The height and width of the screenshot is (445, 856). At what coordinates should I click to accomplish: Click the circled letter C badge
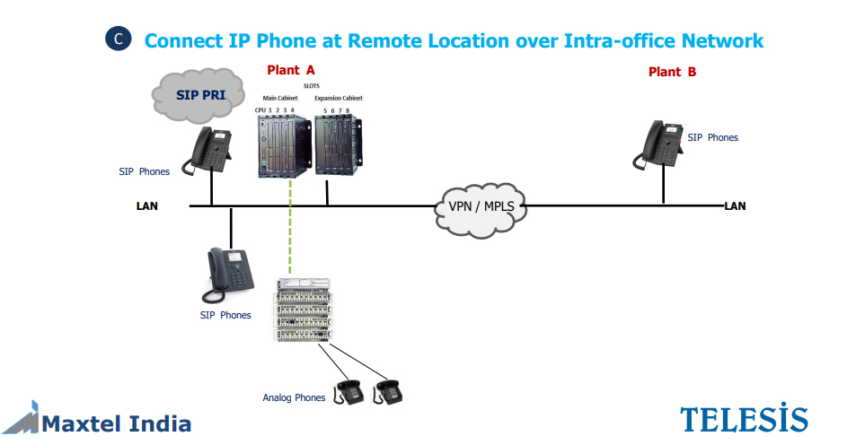point(119,39)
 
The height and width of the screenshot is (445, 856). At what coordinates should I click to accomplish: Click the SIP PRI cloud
point(199,95)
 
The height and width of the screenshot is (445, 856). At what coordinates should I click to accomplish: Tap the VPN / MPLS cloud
point(481,209)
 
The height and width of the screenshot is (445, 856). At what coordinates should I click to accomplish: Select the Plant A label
point(291,70)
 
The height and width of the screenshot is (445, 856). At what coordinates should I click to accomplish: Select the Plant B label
point(672,72)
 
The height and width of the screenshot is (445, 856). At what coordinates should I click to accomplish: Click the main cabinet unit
point(284,145)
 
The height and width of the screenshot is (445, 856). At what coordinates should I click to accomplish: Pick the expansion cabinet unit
point(339,144)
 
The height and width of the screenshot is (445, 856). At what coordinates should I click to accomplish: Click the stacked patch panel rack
point(304,310)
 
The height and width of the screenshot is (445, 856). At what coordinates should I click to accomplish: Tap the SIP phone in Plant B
point(659,144)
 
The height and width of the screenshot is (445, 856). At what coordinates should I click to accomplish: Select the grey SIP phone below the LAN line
point(229,275)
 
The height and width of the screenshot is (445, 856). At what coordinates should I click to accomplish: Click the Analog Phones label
point(294,397)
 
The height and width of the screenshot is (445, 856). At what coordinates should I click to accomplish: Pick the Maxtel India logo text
point(116,423)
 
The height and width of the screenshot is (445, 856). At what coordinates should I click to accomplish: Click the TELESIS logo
point(744,418)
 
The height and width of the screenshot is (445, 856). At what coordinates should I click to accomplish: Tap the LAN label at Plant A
point(146,206)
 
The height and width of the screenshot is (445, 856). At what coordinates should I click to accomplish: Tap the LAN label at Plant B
point(735,206)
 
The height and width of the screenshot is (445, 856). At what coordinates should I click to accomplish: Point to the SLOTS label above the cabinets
point(311,86)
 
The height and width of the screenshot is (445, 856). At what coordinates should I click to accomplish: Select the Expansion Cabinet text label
point(339,98)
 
